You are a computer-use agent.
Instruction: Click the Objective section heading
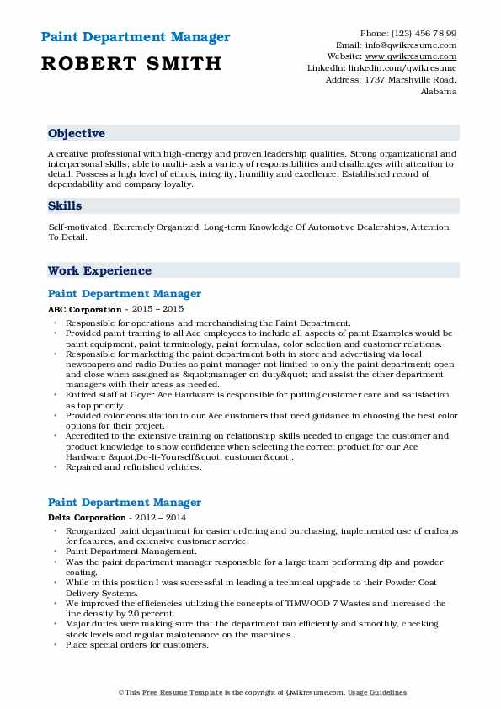(x=77, y=134)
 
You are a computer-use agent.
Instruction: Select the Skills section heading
(x=65, y=205)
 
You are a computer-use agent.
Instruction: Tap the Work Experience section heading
(x=99, y=271)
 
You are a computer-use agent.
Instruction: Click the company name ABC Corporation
(x=84, y=309)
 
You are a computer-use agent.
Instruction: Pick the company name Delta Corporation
(x=87, y=517)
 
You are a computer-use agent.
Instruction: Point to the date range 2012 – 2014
(x=158, y=517)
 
